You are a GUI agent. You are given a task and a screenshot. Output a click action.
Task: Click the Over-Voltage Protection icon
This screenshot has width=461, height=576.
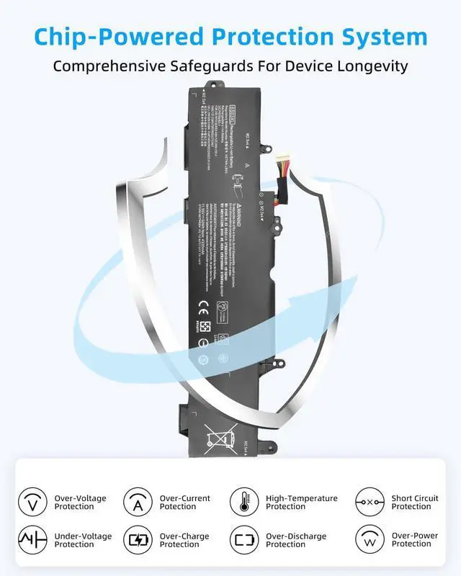(33, 502)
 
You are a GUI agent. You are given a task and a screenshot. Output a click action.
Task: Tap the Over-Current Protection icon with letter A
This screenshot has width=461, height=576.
(138, 502)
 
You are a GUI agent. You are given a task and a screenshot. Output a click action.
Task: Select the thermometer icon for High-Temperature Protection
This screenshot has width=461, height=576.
(244, 502)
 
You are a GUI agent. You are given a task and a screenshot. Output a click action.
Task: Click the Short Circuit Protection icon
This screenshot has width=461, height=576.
(370, 502)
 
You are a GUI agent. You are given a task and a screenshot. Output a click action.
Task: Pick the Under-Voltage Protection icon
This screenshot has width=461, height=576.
(33, 540)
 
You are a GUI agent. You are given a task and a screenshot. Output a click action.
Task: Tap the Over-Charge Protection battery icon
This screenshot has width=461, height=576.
(138, 540)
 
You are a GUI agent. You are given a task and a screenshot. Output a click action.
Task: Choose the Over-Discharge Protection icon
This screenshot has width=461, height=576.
(244, 540)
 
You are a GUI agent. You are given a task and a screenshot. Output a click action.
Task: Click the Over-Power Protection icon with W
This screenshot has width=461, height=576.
(370, 540)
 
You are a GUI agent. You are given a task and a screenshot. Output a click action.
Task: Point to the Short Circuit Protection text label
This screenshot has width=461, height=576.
(415, 502)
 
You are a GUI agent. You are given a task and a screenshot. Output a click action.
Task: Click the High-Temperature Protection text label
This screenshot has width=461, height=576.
(301, 502)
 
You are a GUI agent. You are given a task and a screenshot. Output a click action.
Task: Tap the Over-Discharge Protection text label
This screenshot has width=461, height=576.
(296, 540)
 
